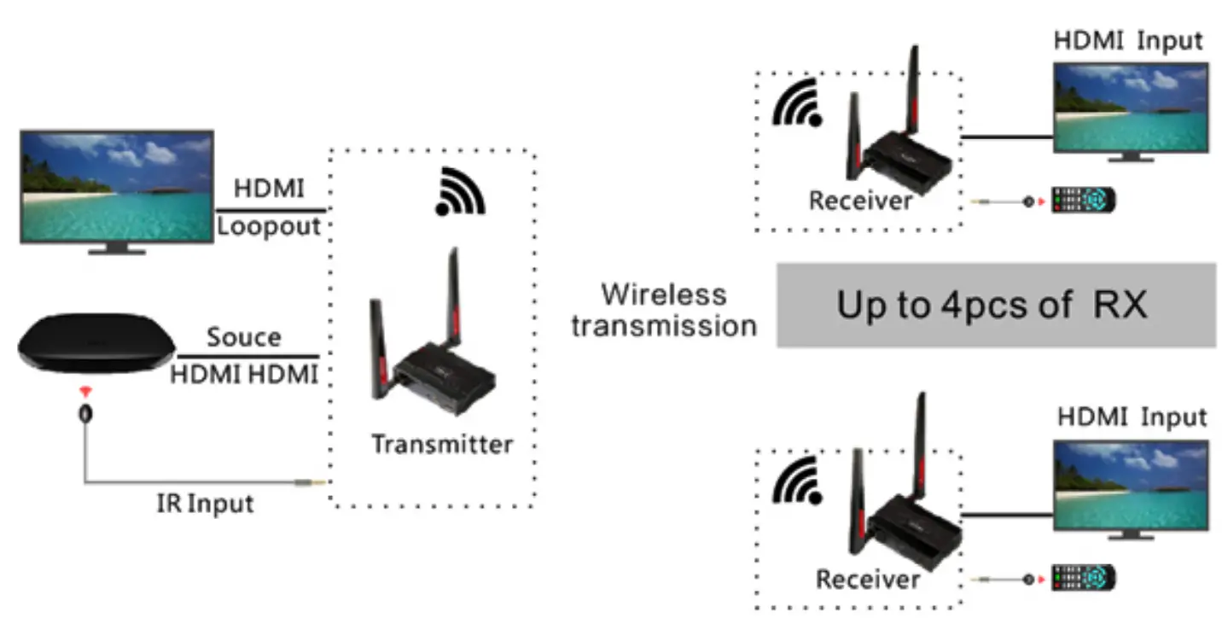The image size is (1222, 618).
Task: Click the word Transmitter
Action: pyautogui.click(x=442, y=445)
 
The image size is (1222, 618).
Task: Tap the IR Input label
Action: pyautogui.click(x=205, y=504)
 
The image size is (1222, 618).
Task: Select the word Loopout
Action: pyautogui.click(x=269, y=226)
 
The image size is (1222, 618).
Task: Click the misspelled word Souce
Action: pyautogui.click(x=244, y=337)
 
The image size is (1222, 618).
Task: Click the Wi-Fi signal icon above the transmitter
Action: pyautogui.click(x=460, y=193)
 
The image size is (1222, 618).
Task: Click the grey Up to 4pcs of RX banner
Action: pyautogui.click(x=995, y=305)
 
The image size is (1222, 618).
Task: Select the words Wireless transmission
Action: pyautogui.click(x=664, y=309)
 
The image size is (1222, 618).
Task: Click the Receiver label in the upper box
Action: pyautogui.click(x=860, y=201)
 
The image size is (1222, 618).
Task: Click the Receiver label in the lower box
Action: pyautogui.click(x=868, y=580)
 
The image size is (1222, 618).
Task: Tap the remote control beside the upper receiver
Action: pyautogui.click(x=1083, y=200)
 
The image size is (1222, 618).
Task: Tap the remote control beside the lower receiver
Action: pyautogui.click(x=1083, y=578)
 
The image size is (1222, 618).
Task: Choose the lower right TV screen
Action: pyautogui.click(x=1130, y=484)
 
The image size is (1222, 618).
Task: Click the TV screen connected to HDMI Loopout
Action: pyautogui.click(x=117, y=186)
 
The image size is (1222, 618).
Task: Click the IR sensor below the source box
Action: pyautogui.click(x=85, y=412)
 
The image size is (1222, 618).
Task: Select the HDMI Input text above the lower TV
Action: pyautogui.click(x=1132, y=418)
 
